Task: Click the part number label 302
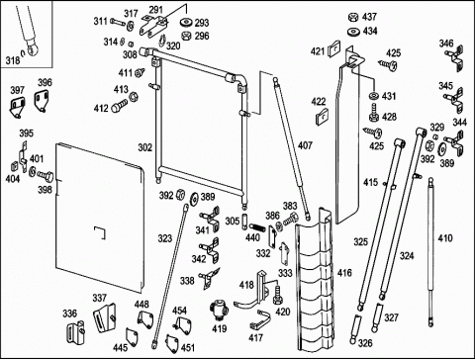point(145,147)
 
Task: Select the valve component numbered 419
point(219,310)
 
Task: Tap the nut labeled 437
point(353,17)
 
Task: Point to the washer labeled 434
point(354,32)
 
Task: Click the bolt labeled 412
point(120,107)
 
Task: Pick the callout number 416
point(344,273)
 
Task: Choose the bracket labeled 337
point(105,317)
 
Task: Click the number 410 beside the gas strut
point(445,238)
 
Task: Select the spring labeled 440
point(258,227)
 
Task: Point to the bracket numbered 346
point(455,60)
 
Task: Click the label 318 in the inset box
point(13,60)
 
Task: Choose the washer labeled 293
point(187,23)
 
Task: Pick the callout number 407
point(305,145)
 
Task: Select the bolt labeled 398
point(46,175)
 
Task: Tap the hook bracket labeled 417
point(260,319)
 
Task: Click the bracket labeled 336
point(75,331)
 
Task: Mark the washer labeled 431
point(374,96)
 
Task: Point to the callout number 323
point(165,238)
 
